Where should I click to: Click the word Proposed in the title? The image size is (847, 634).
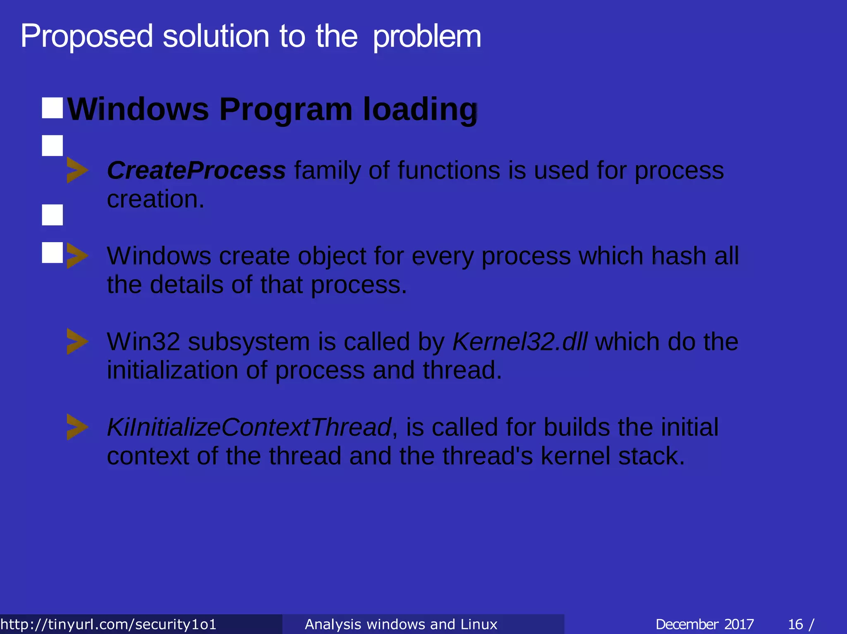(87, 36)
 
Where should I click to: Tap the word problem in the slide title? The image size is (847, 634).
(427, 36)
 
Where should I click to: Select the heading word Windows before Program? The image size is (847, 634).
(138, 109)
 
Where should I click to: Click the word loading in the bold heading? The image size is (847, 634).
(420, 110)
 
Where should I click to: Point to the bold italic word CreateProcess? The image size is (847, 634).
(196, 170)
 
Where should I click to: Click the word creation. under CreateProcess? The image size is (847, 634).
(156, 199)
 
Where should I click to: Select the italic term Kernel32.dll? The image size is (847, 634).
(519, 341)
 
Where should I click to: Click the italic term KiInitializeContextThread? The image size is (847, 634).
(249, 427)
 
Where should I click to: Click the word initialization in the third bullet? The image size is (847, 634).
(172, 370)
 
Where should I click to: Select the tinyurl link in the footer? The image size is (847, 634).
(108, 624)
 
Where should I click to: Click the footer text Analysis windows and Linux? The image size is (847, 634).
(401, 624)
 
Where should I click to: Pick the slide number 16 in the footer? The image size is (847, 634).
(795, 624)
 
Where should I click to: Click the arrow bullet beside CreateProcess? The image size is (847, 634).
(77, 170)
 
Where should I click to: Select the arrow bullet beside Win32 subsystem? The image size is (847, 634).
(77, 341)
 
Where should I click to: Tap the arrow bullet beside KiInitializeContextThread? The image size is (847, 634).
(77, 427)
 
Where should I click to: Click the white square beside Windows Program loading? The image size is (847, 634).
(53, 108)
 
